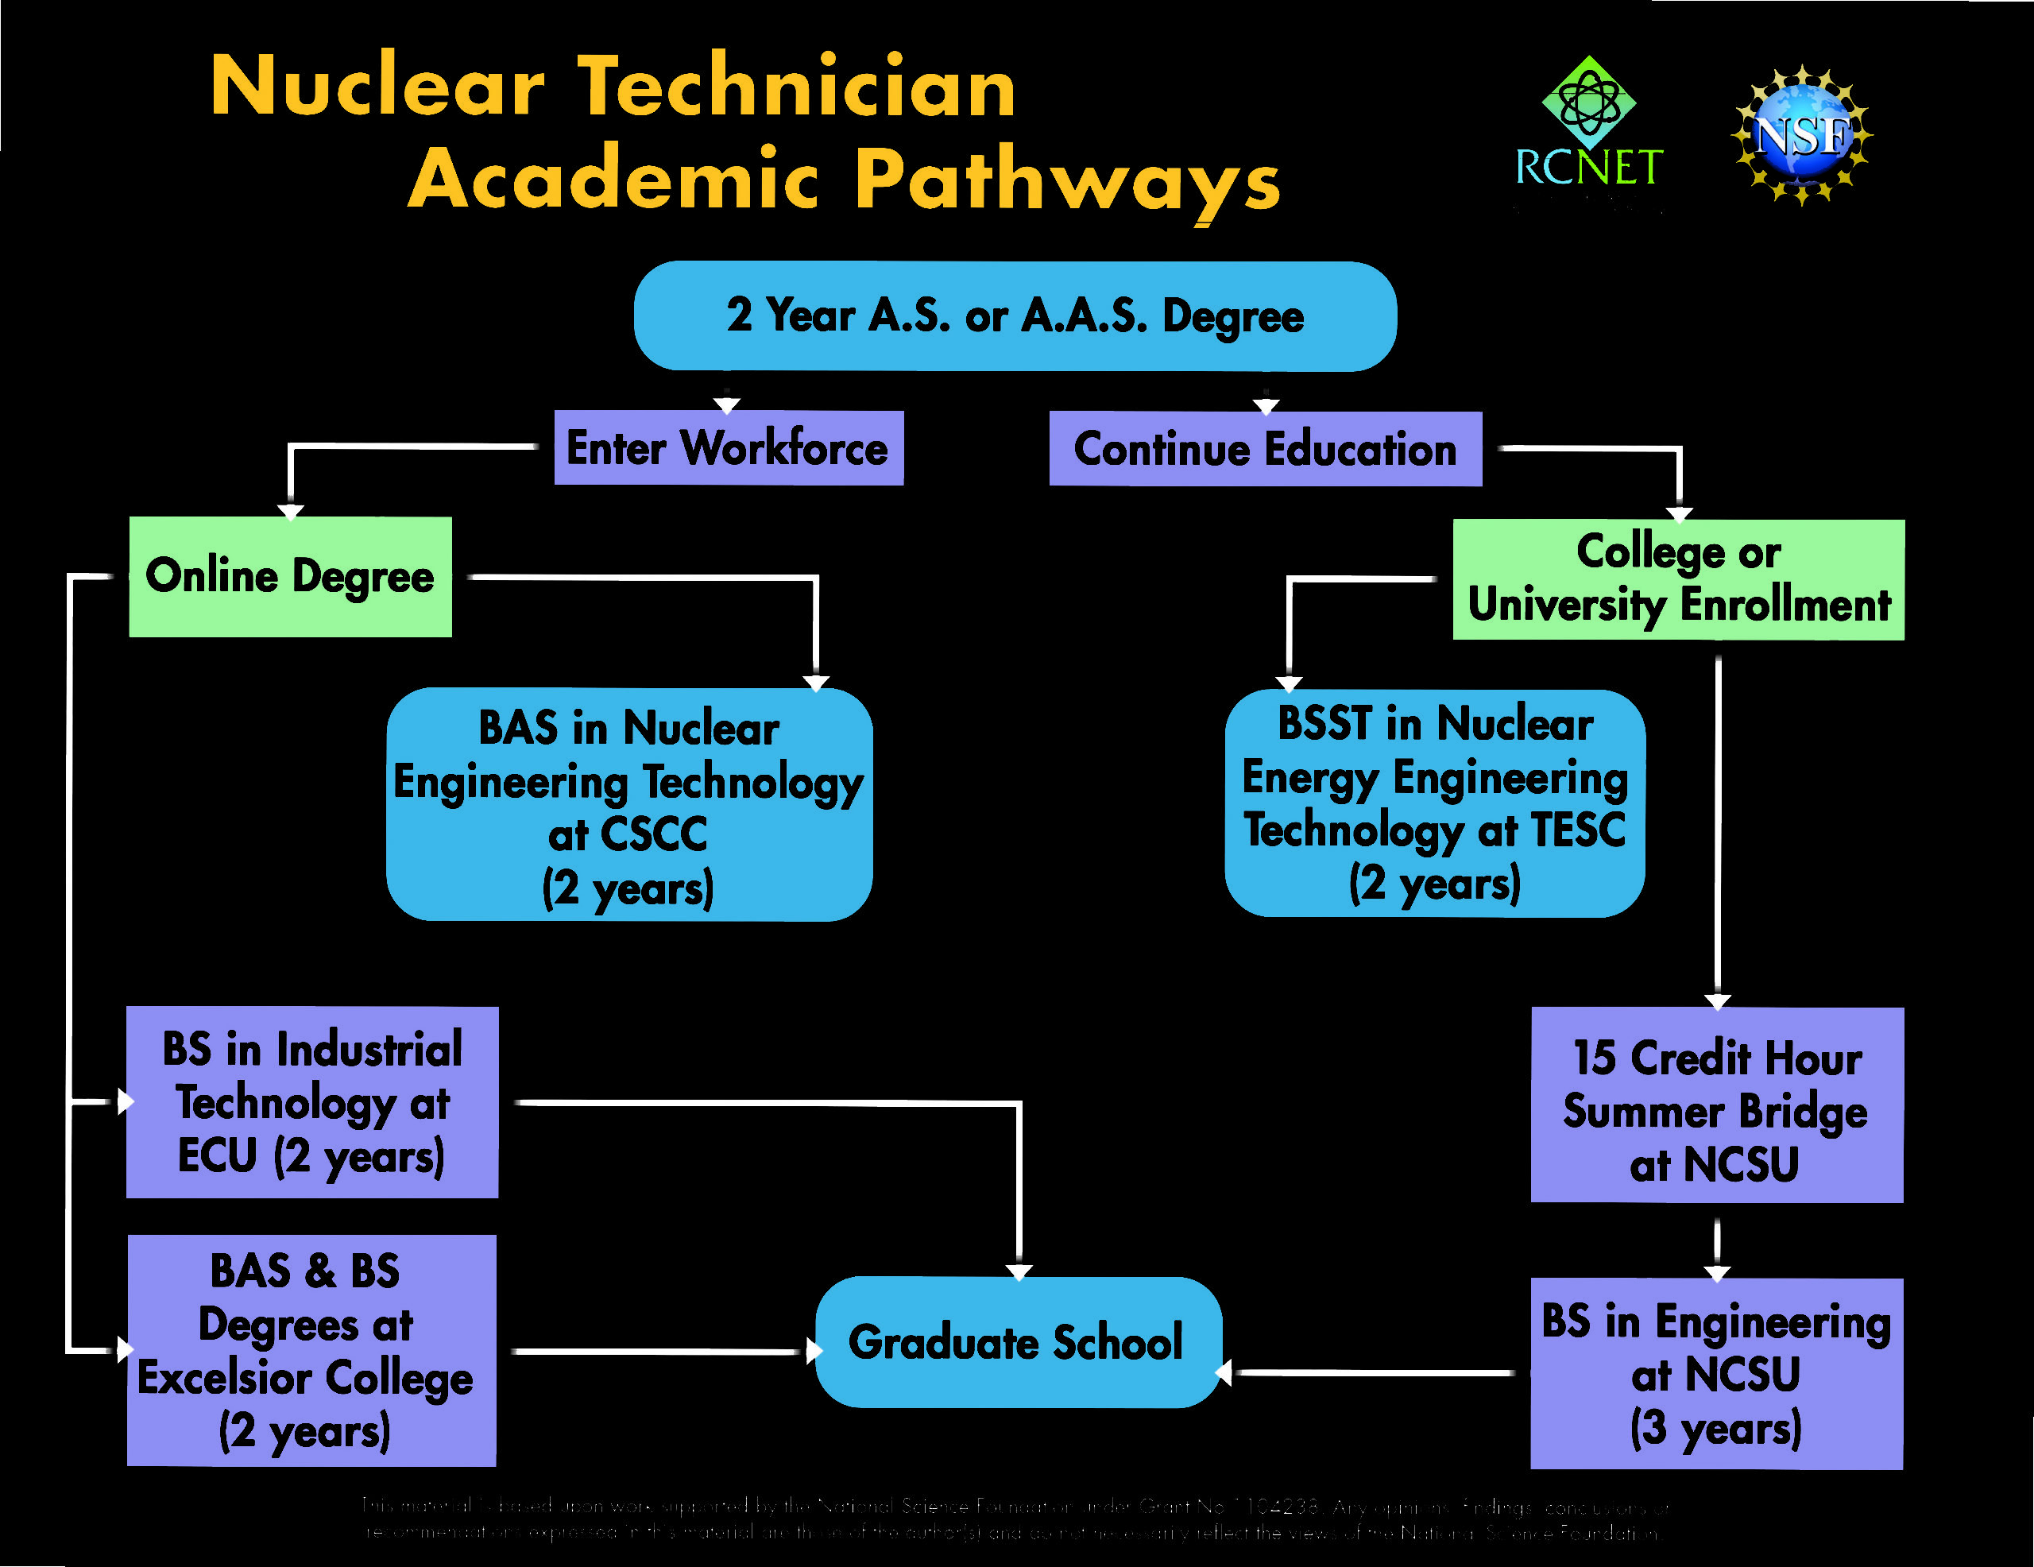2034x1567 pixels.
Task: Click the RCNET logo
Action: point(1589,126)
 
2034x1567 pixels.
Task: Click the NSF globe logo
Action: point(1801,135)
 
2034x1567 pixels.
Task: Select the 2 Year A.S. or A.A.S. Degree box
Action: point(1015,315)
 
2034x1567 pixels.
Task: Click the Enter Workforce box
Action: point(729,448)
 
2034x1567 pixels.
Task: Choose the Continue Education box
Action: point(1265,449)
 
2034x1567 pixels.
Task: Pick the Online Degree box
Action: point(290,577)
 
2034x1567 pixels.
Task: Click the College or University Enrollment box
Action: point(1678,579)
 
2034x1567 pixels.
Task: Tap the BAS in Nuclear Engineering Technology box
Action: point(628,804)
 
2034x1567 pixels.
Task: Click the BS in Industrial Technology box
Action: point(312,1102)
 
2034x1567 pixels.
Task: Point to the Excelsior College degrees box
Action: point(311,1350)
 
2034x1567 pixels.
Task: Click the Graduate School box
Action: point(1017,1342)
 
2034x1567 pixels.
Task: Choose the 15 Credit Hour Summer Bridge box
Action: point(1716,1105)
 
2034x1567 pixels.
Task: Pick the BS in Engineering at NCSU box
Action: point(1716,1374)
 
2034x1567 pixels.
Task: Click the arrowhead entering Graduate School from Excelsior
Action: point(813,1351)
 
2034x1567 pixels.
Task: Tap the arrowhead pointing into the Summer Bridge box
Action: point(1717,1001)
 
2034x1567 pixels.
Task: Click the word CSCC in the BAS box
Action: point(654,834)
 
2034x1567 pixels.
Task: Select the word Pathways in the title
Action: point(1067,180)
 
